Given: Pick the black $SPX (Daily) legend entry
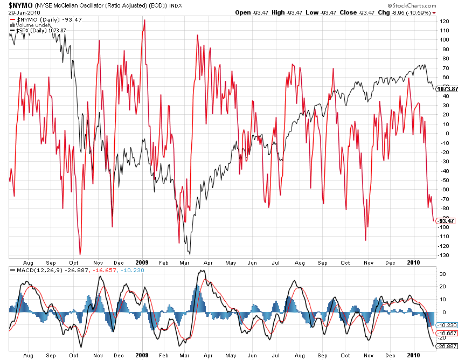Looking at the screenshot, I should tap(38, 30).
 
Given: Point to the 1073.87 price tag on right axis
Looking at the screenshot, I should tap(447, 89).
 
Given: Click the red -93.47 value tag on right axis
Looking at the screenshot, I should tap(447, 220).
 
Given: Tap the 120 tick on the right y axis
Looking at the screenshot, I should tap(444, 21).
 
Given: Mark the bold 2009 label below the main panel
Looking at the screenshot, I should tap(142, 263).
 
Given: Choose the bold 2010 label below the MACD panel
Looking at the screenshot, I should tap(413, 355).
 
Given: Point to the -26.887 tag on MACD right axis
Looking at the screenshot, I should tap(447, 346).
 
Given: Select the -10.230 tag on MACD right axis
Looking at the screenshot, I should tap(447, 325).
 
